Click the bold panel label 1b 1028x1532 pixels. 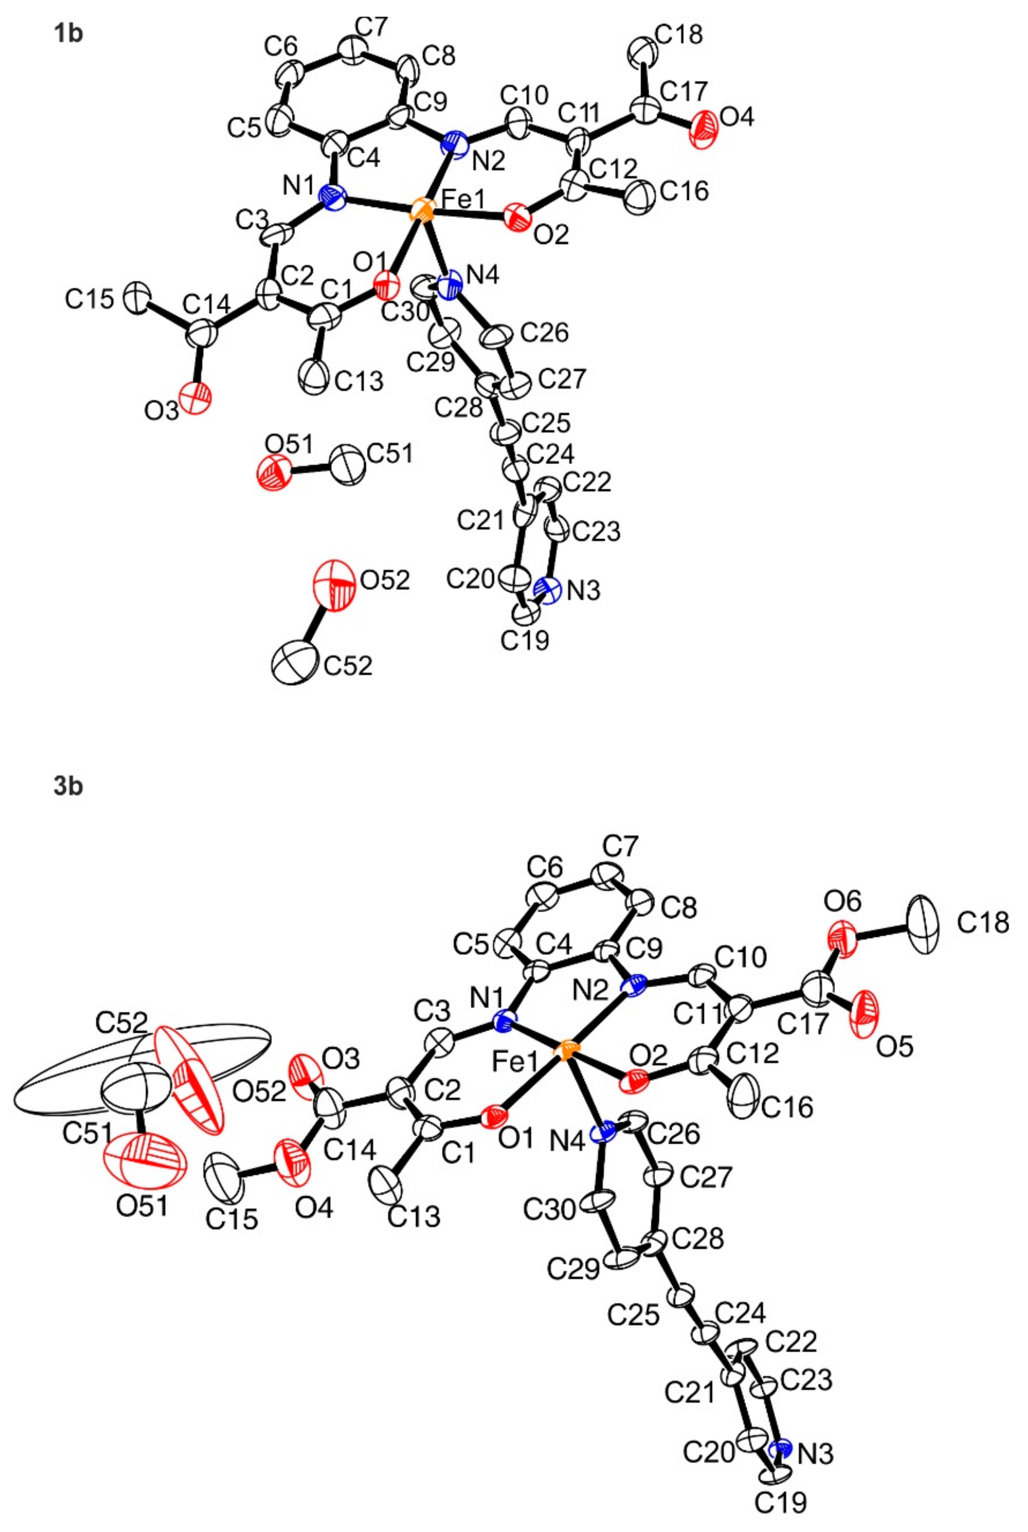coord(68,33)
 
